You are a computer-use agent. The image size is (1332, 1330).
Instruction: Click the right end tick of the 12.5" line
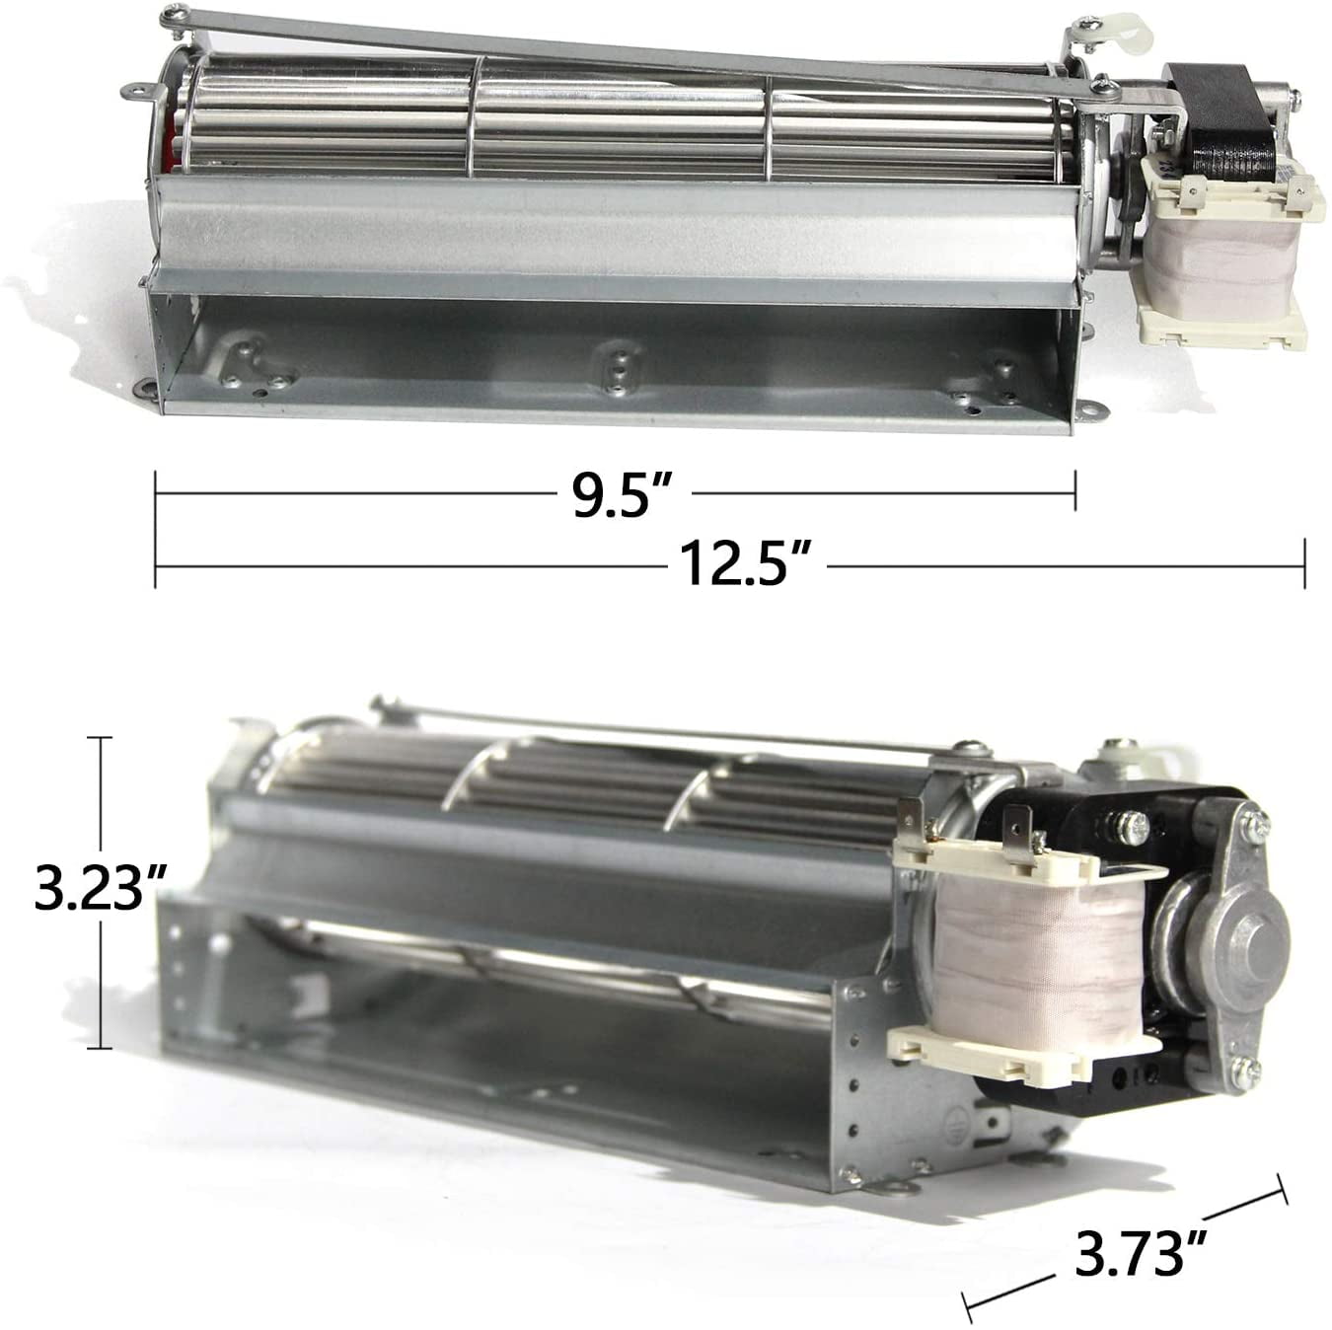[1304, 564]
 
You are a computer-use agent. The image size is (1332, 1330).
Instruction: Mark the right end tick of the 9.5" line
[1074, 491]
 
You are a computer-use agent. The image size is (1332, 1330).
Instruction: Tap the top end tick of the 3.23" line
[100, 737]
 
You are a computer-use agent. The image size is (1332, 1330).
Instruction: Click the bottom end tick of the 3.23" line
[100, 1049]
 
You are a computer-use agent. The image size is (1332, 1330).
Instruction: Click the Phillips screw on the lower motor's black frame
[1130, 821]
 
